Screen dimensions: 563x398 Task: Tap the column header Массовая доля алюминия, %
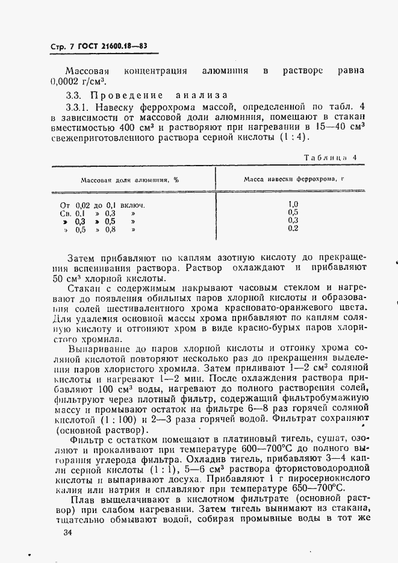(x=129, y=179)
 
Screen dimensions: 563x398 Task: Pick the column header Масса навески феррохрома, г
(x=293, y=179)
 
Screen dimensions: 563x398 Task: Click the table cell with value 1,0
(x=293, y=204)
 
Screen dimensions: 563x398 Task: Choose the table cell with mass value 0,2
(x=293, y=229)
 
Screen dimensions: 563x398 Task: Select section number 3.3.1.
(x=77, y=107)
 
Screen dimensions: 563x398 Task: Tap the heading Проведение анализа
(x=158, y=95)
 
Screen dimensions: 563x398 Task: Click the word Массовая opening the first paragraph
(x=87, y=71)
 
